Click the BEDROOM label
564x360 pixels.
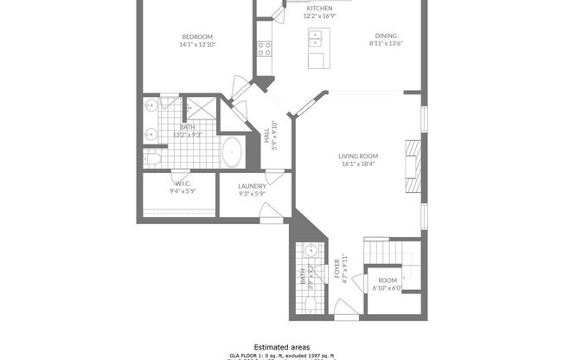tap(196, 35)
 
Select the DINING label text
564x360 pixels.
tap(387, 35)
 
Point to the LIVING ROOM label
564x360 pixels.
tap(357, 156)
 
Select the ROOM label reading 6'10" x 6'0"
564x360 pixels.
tap(387, 280)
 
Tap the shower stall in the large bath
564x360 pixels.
tap(201, 108)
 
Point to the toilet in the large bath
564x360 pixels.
tap(151, 160)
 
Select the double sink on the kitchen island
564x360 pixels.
tap(317, 37)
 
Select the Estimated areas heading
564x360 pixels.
tap(281, 345)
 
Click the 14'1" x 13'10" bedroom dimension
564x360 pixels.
tap(196, 43)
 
